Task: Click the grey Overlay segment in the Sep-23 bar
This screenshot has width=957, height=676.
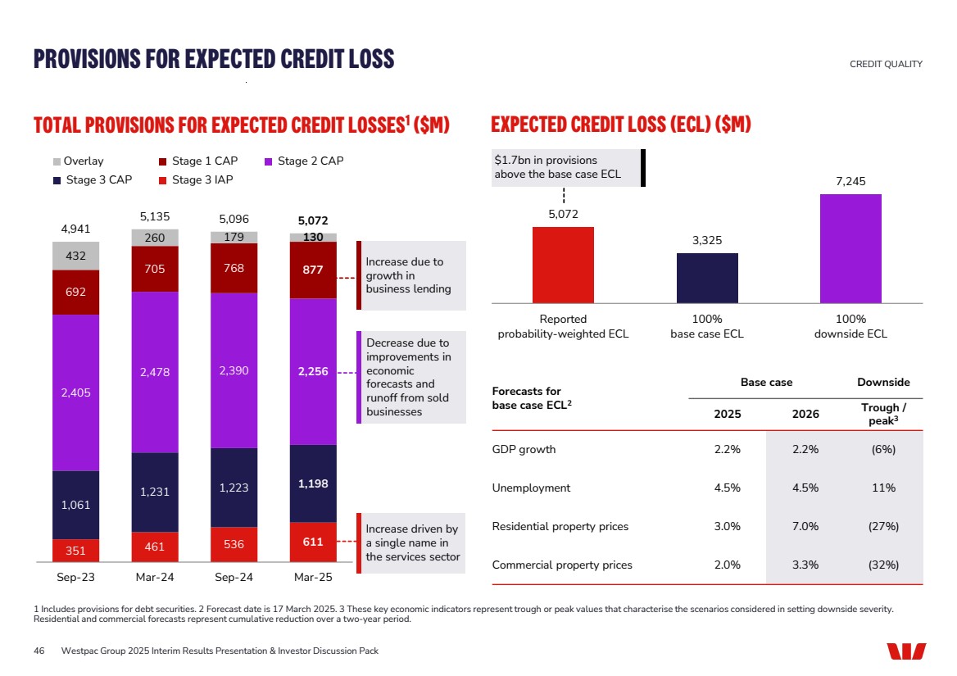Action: coord(75,256)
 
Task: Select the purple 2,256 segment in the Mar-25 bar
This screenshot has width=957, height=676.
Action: coord(313,371)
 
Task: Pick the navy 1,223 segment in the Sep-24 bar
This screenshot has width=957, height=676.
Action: coord(234,488)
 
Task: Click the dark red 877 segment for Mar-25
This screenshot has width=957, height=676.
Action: coord(313,270)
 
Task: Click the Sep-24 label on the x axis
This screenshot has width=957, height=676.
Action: coord(234,577)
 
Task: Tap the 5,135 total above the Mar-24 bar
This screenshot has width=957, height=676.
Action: coord(155,217)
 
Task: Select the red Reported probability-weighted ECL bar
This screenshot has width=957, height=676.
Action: coord(563,265)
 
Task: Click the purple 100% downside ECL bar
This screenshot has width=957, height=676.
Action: coord(850,248)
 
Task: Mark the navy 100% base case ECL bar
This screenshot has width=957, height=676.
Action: coord(707,278)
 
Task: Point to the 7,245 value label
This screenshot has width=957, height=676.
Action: coord(850,181)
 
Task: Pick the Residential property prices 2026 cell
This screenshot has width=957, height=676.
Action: coord(805,526)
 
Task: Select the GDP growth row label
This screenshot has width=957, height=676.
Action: coord(524,449)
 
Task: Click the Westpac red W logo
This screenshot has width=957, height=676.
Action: coord(906,651)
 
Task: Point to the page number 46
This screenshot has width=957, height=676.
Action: coord(39,651)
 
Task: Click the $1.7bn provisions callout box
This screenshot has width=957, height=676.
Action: coord(565,167)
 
